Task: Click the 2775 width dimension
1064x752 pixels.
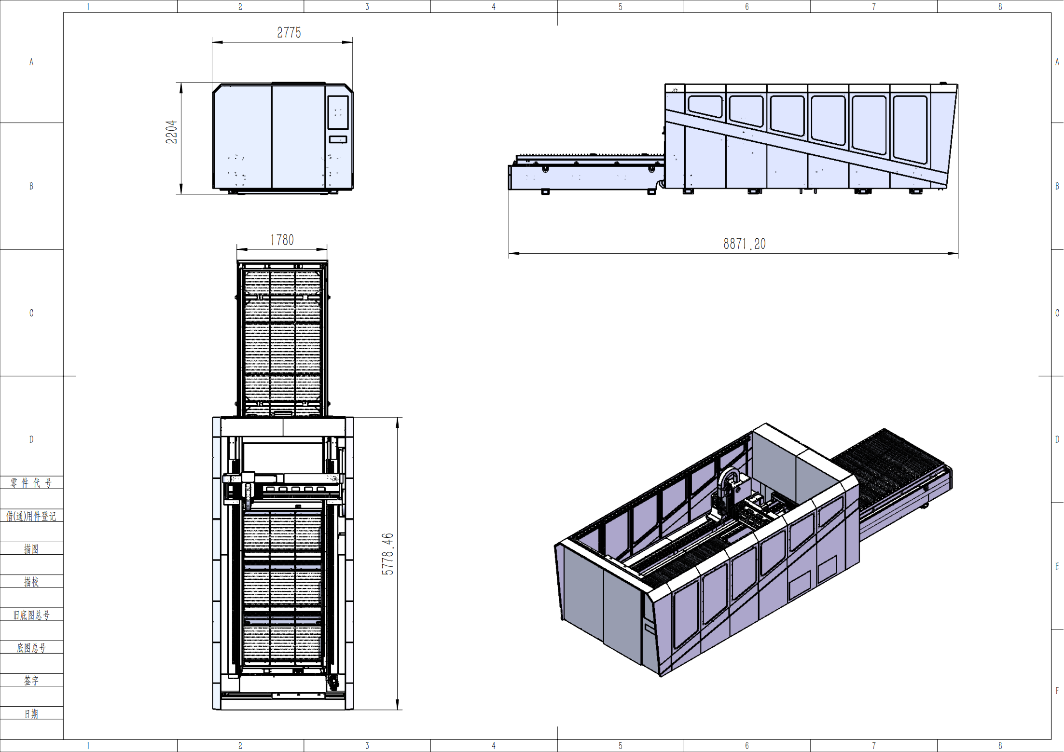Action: [x=289, y=33]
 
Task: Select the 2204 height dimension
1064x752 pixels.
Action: [x=171, y=132]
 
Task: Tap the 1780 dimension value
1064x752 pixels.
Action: [x=282, y=240]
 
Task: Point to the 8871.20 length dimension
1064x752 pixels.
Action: [x=745, y=244]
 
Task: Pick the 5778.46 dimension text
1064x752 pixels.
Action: [x=387, y=554]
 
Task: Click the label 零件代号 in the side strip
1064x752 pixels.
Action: [x=31, y=483]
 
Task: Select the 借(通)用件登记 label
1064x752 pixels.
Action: [x=31, y=516]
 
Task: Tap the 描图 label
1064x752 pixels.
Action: [x=31, y=549]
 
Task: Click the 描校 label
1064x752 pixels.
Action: [x=31, y=582]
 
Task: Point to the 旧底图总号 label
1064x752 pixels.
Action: [x=31, y=615]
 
